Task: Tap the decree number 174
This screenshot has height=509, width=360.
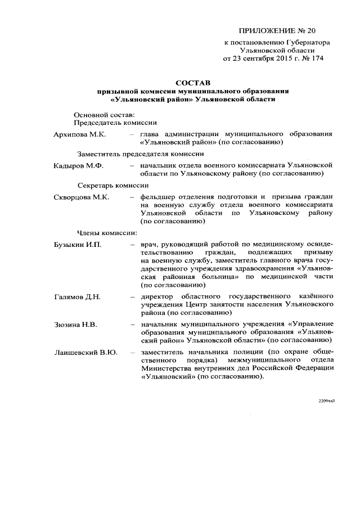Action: pyautogui.click(x=317, y=57)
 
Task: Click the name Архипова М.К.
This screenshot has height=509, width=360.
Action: pyautogui.click(x=78, y=135)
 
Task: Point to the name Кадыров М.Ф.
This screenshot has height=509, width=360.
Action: pyautogui.click(x=76, y=166)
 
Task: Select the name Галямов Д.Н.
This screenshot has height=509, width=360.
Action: pyautogui.click(x=77, y=296)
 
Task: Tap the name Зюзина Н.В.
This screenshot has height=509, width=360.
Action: pyautogui.click(x=74, y=324)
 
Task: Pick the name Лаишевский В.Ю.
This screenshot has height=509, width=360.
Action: pyautogui.click(x=85, y=352)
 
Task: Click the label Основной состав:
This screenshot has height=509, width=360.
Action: pyautogui.click(x=104, y=115)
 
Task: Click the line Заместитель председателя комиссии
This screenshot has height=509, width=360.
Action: pyautogui.click(x=140, y=154)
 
